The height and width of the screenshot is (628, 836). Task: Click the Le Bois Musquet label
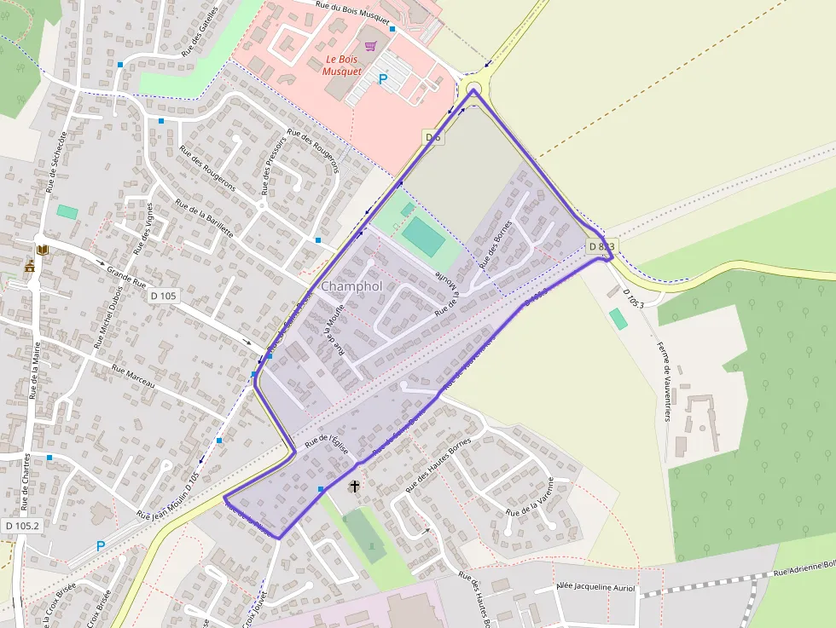343,66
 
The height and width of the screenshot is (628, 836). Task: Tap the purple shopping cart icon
370,46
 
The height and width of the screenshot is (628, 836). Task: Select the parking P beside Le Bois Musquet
383,79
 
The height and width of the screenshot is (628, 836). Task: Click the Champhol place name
351,286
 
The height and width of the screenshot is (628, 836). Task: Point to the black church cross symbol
355,487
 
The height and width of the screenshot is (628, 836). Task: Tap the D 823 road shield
601,246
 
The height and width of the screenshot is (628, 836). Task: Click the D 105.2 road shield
21,526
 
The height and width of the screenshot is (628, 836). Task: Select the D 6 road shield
433,137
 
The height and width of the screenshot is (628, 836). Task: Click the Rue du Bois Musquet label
352,11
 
